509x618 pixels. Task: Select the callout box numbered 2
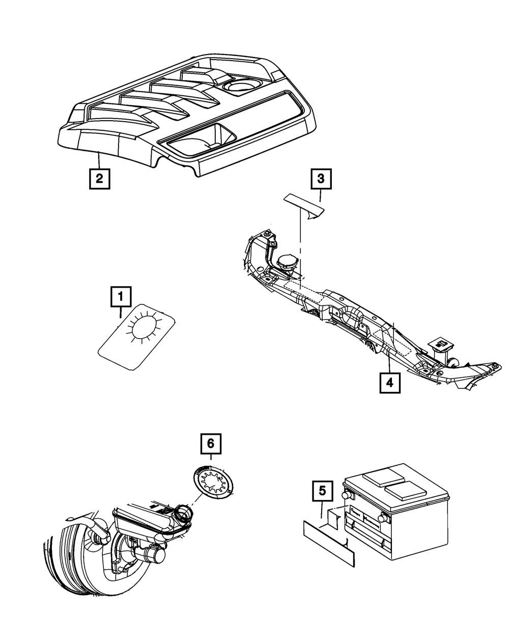(99, 179)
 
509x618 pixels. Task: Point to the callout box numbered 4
(389, 383)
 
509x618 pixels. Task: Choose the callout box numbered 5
(322, 492)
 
